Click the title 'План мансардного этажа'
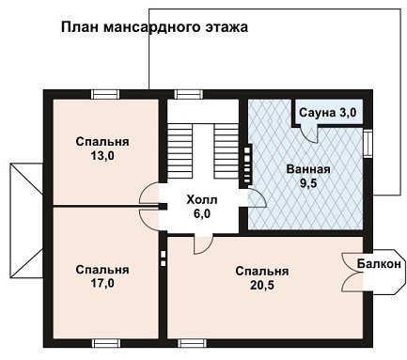click(x=154, y=27)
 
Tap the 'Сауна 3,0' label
click(x=328, y=113)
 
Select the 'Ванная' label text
click(x=308, y=169)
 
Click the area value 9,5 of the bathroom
click(x=308, y=183)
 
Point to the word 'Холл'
click(x=202, y=199)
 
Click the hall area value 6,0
click(x=202, y=213)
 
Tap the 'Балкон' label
click(x=379, y=264)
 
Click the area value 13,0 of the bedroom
click(x=102, y=156)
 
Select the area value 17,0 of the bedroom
click(x=102, y=284)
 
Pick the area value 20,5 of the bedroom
click(x=262, y=285)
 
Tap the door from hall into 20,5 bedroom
click(x=202, y=243)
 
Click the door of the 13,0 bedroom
click(x=148, y=192)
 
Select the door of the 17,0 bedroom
click(x=148, y=219)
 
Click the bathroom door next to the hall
click(x=258, y=197)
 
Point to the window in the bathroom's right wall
click(x=368, y=143)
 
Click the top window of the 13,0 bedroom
click(x=105, y=94)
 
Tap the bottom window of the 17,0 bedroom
click(x=106, y=343)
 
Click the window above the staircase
click(x=188, y=94)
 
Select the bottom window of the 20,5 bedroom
click(x=193, y=343)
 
